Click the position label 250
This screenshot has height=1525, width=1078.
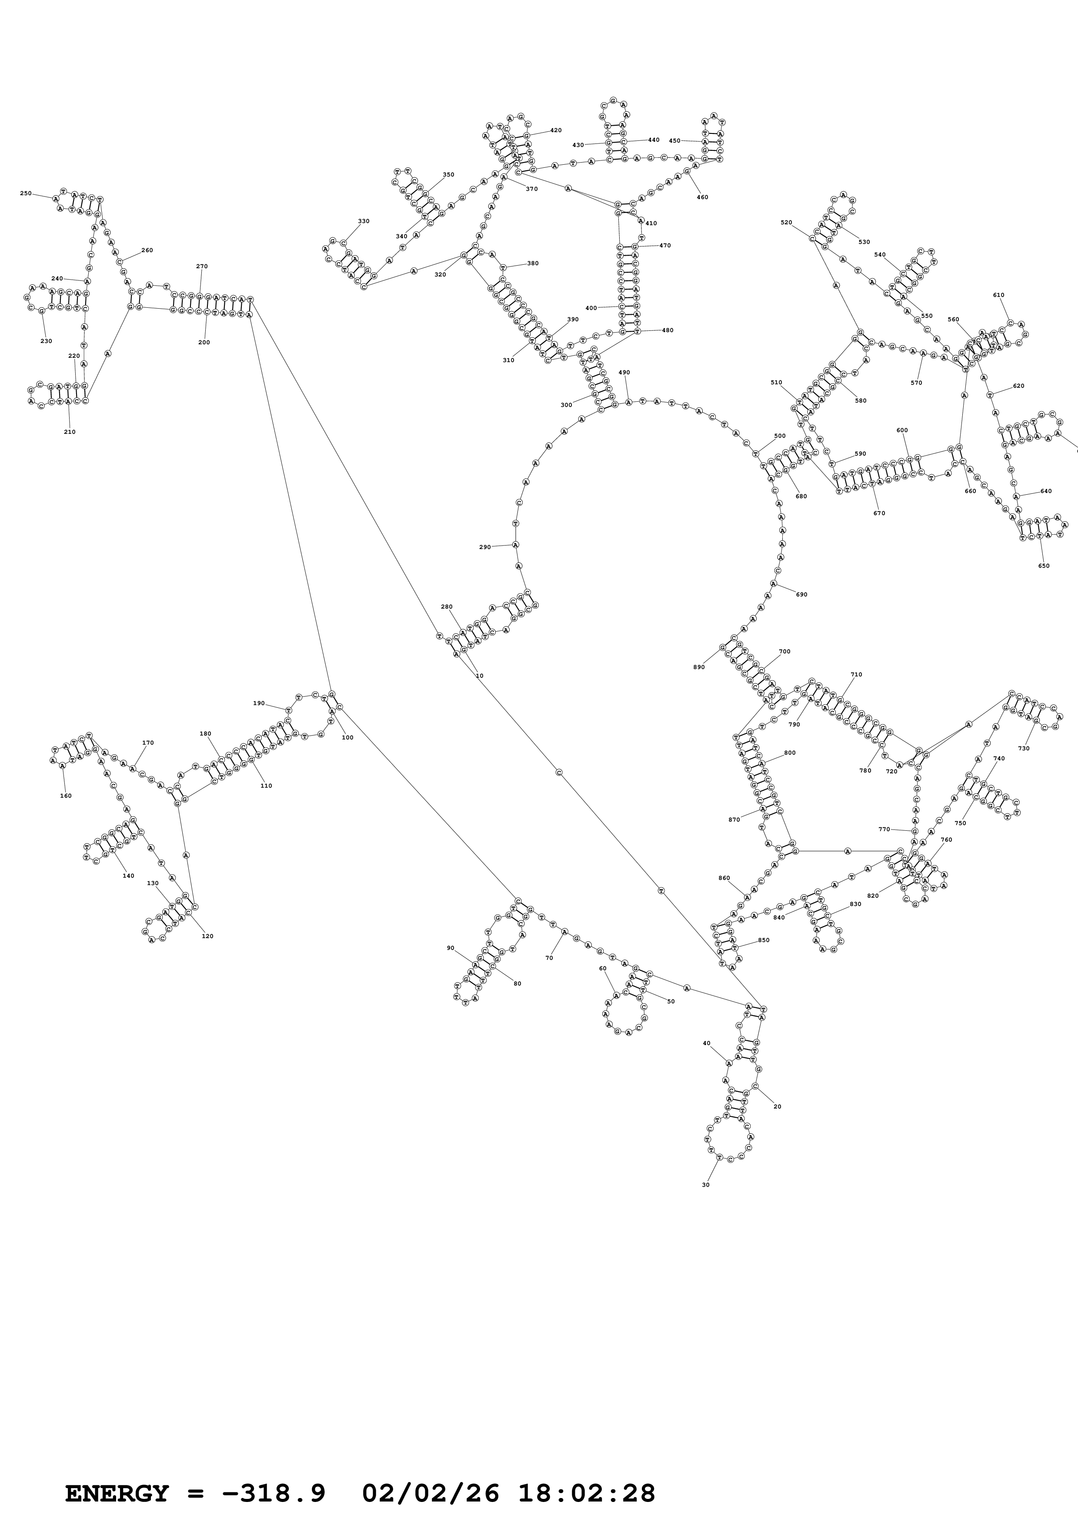coord(25,193)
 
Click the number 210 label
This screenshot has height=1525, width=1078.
coord(70,432)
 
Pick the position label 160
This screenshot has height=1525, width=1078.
coord(66,796)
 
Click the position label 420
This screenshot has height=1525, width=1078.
coord(556,130)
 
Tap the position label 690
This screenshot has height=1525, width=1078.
coord(802,594)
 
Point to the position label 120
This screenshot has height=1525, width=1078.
coord(207,936)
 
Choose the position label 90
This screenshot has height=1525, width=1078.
coord(451,948)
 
